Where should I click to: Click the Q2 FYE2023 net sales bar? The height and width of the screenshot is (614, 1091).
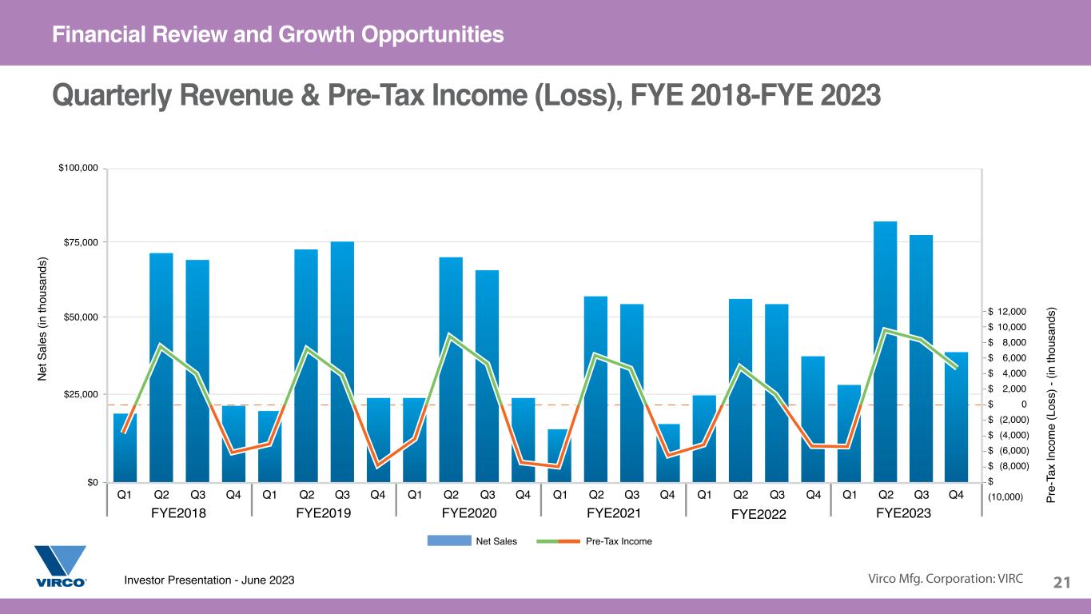885,352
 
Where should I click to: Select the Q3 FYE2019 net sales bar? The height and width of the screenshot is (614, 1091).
342,362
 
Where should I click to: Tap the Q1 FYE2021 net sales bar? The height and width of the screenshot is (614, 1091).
559,456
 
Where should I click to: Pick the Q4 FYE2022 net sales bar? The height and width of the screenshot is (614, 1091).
813,419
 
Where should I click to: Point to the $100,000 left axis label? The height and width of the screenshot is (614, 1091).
78,168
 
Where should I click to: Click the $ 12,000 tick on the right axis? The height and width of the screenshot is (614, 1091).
1007,311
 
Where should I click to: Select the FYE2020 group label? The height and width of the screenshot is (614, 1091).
469,513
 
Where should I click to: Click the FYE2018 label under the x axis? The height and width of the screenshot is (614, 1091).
178,513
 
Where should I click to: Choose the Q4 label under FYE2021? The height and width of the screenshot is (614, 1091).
667,495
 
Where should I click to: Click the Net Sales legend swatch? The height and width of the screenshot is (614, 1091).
449,540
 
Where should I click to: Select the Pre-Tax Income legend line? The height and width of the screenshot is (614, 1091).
558,541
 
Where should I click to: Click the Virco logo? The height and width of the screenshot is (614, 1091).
61,566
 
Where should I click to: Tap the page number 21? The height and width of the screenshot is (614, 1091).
1061,582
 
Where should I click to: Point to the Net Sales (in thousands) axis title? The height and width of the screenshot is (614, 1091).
42,319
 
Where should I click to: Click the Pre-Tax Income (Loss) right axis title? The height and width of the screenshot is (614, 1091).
1050,405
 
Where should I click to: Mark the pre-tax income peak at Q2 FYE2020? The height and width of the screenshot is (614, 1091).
449,335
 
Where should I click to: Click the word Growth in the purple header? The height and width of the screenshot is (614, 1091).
317,34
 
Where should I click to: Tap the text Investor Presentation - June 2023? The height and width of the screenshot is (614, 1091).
209,580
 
